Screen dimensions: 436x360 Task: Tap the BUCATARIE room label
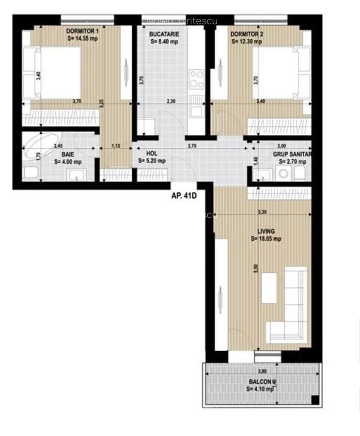pos(165,34)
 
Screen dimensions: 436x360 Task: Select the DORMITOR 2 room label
pos(247,34)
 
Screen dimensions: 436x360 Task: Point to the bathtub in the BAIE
pos(43,144)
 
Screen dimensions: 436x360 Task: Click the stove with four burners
pos(196,79)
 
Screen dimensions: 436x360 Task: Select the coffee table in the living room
pos(269,288)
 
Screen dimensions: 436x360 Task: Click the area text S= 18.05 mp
pos(266,239)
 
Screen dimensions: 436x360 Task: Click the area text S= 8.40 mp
pos(165,42)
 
